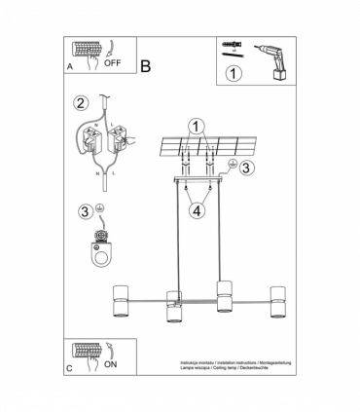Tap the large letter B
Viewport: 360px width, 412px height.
pos(146,67)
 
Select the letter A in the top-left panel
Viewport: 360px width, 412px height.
pos(69,68)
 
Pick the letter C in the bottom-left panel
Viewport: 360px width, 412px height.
pos(69,370)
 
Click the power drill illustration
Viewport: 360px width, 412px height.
pos(274,55)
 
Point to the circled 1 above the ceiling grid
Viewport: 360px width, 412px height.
pos(198,126)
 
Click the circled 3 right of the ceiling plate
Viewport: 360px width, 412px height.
pos(247,168)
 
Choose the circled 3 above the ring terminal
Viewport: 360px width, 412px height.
pos(85,211)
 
